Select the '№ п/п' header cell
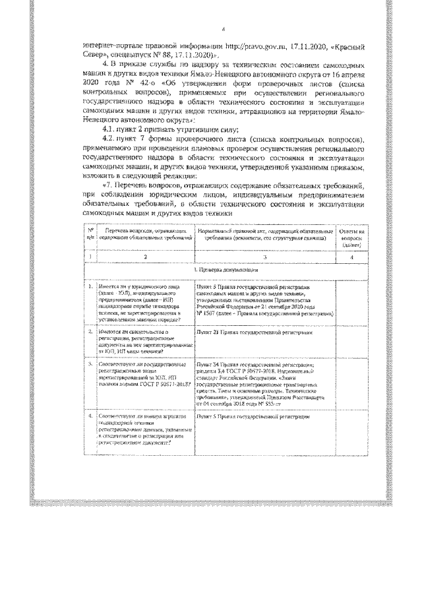click(x=89, y=237)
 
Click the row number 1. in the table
click(x=89, y=288)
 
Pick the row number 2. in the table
click(x=89, y=333)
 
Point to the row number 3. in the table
click(x=89, y=363)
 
